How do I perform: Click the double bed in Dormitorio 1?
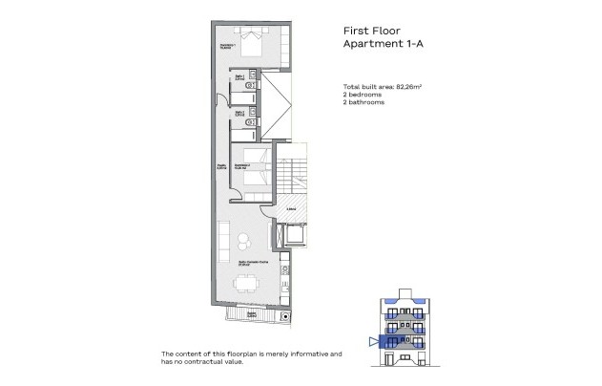click(255, 44)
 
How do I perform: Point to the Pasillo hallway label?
click(220, 168)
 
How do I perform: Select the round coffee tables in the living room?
click(243, 240)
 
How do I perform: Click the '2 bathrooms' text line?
click(363, 102)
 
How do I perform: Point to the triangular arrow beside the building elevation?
click(371, 340)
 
